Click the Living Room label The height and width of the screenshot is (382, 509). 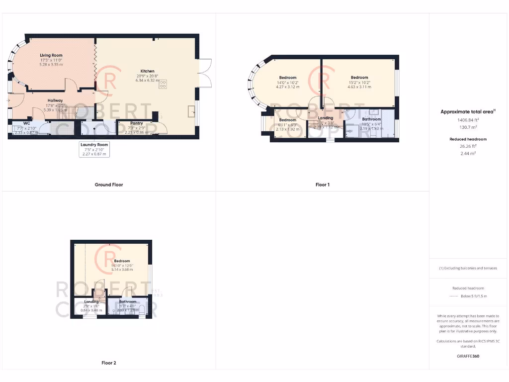pos(51,55)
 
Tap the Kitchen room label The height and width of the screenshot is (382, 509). pos(147,71)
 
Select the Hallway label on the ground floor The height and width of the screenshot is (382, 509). pos(55,100)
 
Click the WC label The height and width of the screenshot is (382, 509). pos(27,123)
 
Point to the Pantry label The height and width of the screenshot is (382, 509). pos(136,123)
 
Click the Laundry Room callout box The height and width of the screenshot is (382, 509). pos(94,149)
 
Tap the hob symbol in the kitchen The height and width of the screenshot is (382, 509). pos(163,85)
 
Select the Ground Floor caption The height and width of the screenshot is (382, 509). pos(109,185)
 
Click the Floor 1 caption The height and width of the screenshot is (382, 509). pos(323,185)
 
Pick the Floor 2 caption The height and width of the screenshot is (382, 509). pos(108,363)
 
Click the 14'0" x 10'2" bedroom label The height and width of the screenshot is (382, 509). pos(288,78)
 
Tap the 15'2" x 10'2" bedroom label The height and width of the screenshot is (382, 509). pos(359,78)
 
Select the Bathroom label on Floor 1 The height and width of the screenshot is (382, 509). pos(371,119)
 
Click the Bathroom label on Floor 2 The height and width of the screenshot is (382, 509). pos(127,301)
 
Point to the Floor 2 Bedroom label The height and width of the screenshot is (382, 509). pos(122,261)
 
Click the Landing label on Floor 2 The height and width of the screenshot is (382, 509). pos(91,301)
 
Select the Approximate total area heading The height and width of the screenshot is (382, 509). pos(468,112)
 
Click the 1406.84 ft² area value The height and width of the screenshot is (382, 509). pos(468,120)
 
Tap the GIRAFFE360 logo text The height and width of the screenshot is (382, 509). pos(468,356)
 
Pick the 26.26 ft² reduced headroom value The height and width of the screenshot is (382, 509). pos(468,146)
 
